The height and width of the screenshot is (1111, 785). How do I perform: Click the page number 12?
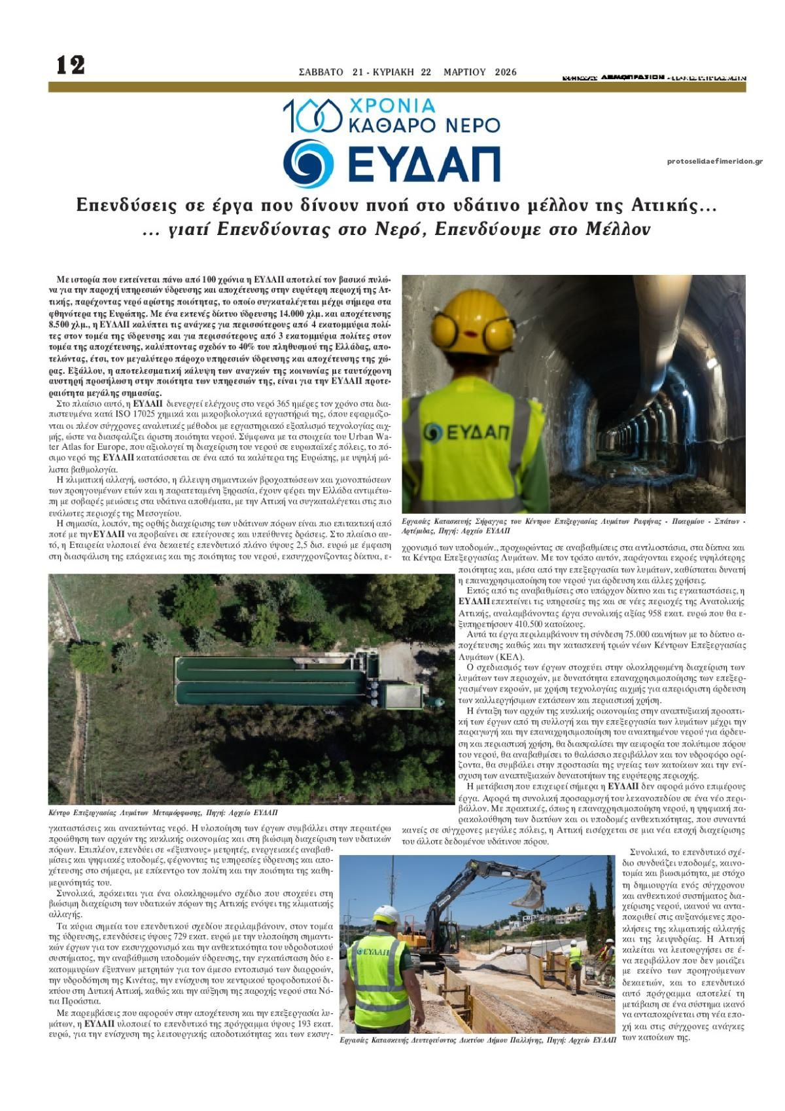coord(71,65)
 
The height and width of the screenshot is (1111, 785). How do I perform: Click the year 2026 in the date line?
coord(506,72)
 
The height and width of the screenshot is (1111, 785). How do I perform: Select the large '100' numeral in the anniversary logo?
coord(313,116)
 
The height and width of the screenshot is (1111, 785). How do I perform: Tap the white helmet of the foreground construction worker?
coord(387,915)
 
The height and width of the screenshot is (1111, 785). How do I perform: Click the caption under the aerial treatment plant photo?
coord(163,812)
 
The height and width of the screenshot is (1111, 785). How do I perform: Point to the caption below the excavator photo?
coord(478,1039)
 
